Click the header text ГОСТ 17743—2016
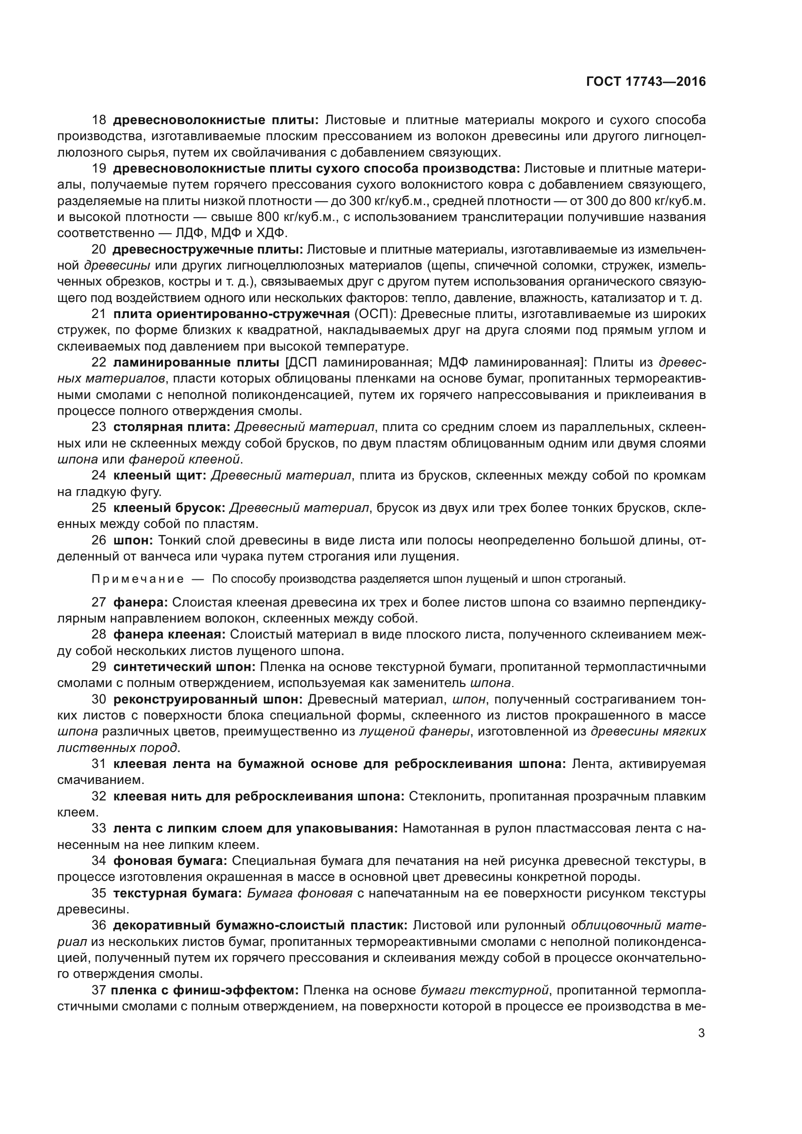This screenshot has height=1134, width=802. pos(646,82)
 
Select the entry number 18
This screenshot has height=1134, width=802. pos(99,120)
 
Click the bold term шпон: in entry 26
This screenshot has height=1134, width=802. pos(133,540)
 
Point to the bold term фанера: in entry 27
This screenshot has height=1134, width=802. pos(141,602)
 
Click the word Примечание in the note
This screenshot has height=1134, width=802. pos(138,579)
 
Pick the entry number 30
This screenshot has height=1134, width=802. pos(99,700)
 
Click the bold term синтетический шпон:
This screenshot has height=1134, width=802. pos(184,667)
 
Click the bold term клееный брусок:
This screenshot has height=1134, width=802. pos(169,508)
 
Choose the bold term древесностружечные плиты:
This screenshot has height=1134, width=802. pos(208,249)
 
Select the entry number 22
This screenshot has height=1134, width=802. pos(99,363)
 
